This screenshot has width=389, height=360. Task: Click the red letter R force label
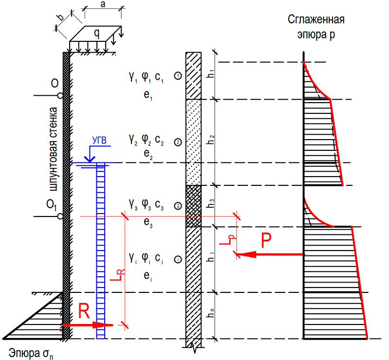click(x=84, y=312)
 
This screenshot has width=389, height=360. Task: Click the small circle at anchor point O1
click(x=60, y=216)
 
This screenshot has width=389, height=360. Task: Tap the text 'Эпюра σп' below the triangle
click(x=31, y=352)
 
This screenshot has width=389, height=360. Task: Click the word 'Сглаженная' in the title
click(x=316, y=20)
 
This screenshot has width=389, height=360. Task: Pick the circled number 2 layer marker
click(x=178, y=142)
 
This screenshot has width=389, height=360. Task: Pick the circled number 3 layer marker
click(x=178, y=206)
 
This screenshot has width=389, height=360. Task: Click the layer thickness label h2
click(x=211, y=139)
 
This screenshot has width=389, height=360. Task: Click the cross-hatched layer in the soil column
click(x=193, y=206)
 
